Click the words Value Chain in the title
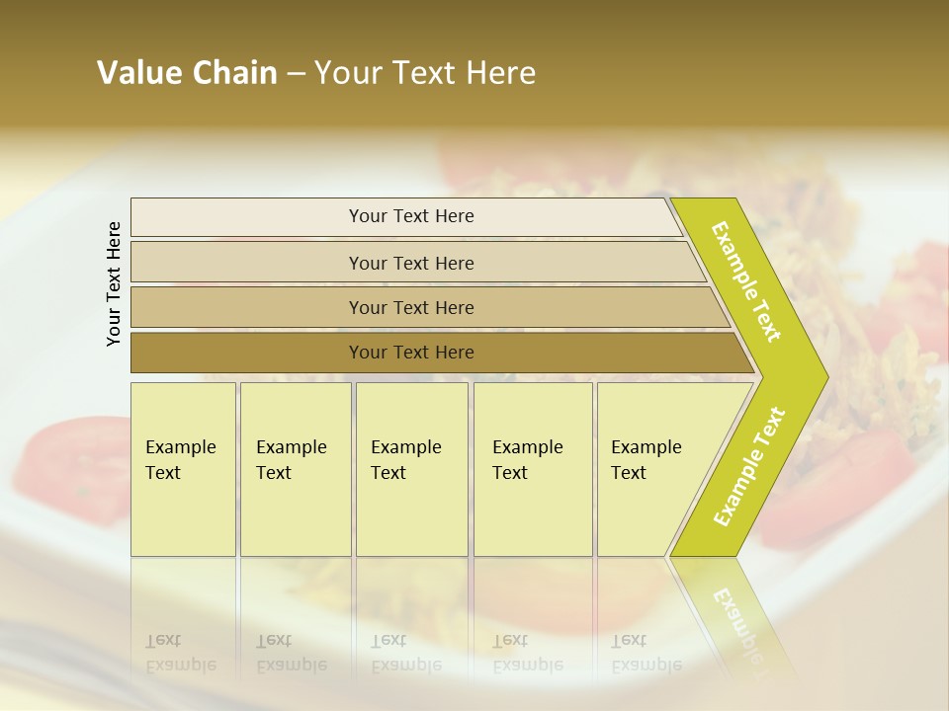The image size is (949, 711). coord(187,73)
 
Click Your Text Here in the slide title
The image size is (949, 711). coord(425,73)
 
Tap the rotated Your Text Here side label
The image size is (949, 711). coord(114,284)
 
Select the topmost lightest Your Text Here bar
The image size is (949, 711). coord(411,216)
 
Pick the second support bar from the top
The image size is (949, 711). coord(411,263)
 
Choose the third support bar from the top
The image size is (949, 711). coord(411,307)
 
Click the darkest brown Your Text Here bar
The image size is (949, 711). coord(411,353)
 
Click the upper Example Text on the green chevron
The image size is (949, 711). coord(746,281)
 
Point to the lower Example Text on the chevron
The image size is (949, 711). coord(749,466)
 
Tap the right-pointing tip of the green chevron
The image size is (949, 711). coord(822,376)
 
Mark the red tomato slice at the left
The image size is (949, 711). coord(69,449)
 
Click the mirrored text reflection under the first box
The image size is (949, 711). coord(181,654)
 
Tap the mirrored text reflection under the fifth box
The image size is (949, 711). coord(646,654)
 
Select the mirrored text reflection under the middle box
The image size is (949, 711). coord(405,654)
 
